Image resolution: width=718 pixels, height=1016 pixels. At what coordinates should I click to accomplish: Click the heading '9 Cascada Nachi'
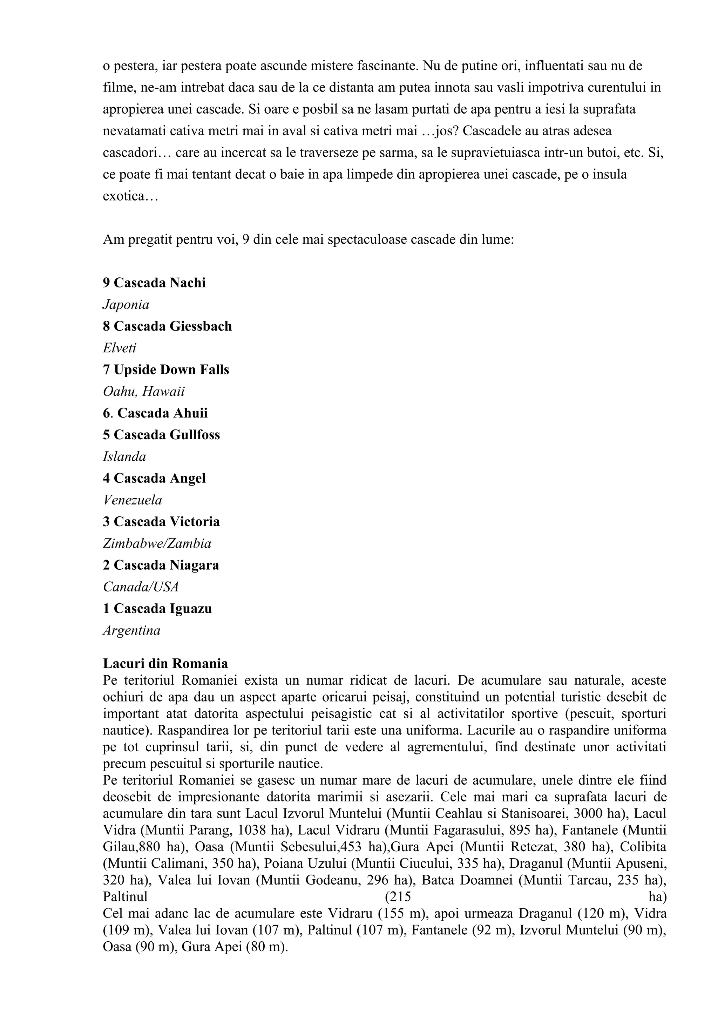tap(154, 283)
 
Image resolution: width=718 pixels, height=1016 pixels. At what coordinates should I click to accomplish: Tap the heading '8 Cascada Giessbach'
tap(167, 326)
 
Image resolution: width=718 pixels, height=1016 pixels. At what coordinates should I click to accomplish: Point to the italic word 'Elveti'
tap(120, 348)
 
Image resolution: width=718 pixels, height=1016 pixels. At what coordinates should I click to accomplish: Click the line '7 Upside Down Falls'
tap(166, 370)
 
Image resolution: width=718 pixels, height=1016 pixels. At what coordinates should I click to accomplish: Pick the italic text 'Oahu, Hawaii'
tap(144, 392)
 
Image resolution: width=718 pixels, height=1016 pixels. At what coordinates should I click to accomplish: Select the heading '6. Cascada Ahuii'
tap(155, 413)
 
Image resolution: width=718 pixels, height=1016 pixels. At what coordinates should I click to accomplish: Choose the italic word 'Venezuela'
tap(132, 500)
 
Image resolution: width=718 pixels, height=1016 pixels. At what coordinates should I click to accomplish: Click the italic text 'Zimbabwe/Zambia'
tap(157, 543)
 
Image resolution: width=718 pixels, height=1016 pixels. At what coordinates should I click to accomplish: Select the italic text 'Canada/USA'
tap(141, 587)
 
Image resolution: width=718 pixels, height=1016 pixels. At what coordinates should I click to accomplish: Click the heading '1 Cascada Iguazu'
tap(157, 609)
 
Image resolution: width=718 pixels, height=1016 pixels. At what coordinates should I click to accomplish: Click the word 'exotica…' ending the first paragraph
tap(130, 196)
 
